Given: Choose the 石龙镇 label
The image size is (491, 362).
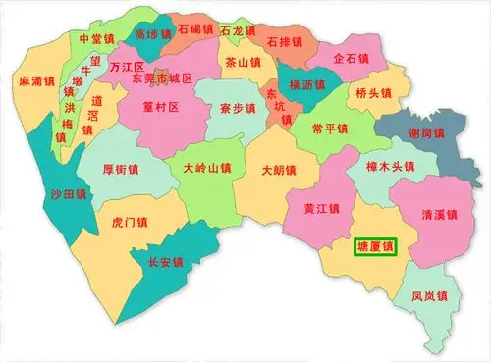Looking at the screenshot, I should pyautogui.click(x=239, y=30).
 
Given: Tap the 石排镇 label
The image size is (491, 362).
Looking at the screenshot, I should pyautogui.click(x=285, y=43).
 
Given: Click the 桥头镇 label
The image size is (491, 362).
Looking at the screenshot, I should pyautogui.click(x=374, y=94).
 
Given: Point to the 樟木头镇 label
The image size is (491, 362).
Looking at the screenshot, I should pyautogui.click(x=380, y=168).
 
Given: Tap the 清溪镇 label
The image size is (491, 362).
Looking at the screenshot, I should pyautogui.click(x=438, y=214).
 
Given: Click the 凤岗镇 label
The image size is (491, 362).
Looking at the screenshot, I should pyautogui.click(x=430, y=295).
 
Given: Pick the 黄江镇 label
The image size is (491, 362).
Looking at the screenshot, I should pyautogui.click(x=321, y=208).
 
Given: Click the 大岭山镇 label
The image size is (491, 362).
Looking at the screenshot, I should pyautogui.click(x=207, y=168).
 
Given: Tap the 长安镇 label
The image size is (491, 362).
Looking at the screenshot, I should pyautogui.click(x=164, y=262).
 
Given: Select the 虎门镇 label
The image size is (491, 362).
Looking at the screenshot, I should pyautogui.click(x=131, y=223).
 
